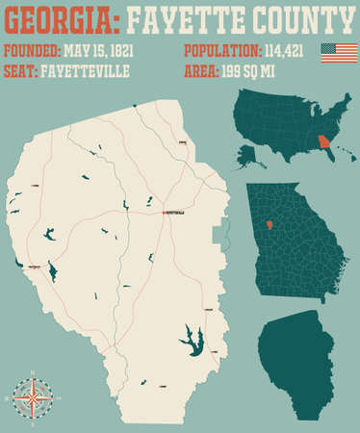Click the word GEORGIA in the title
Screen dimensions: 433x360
coord(58,18)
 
